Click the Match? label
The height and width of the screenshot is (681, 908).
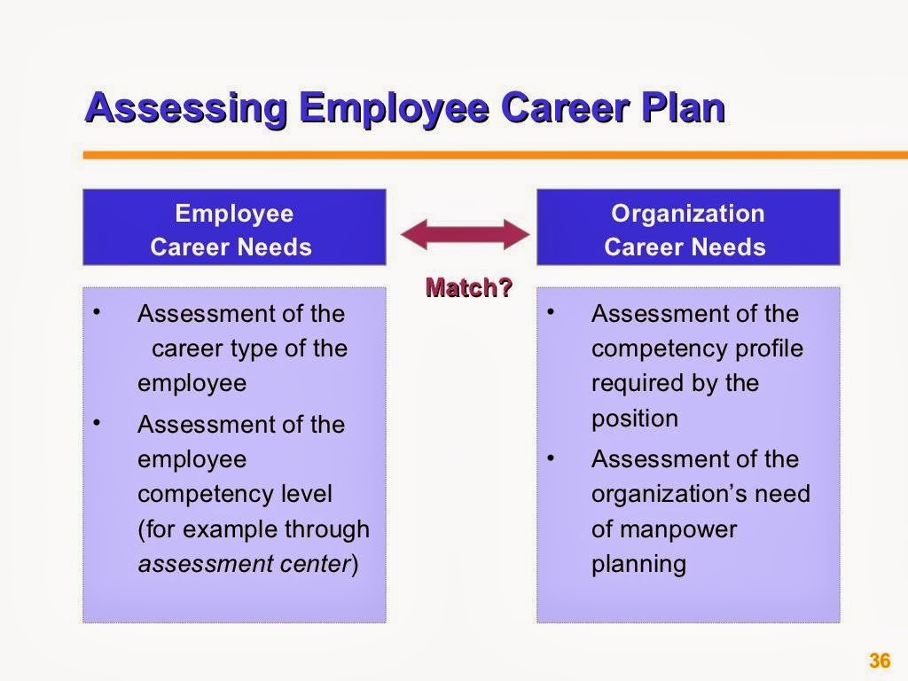click(x=469, y=287)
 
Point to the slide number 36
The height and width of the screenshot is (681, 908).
click(x=879, y=661)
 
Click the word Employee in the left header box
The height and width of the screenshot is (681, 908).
click(x=234, y=214)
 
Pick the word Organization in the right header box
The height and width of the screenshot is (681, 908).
click(x=687, y=214)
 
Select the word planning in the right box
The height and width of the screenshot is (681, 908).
click(x=638, y=564)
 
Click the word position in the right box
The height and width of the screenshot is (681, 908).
click(x=634, y=418)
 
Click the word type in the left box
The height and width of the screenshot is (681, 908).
click(x=254, y=348)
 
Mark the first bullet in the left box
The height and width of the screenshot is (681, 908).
click(x=98, y=313)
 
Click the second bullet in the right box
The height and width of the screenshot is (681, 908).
click(x=552, y=458)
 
